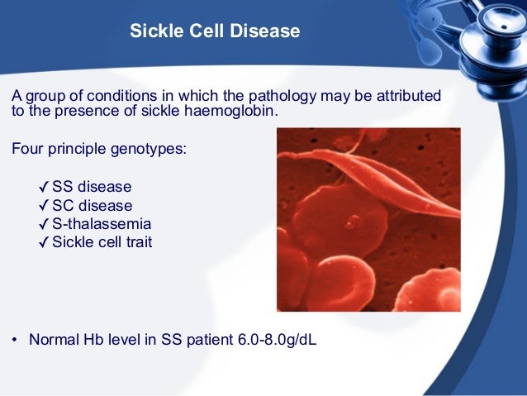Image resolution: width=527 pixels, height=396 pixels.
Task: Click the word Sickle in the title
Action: coord(157,31)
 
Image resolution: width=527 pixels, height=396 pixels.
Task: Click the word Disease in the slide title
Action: coord(265,31)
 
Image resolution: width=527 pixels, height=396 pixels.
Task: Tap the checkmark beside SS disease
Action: coord(44,187)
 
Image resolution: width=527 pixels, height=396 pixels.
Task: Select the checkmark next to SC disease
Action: coord(44,206)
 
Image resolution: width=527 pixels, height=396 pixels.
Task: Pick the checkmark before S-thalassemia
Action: coord(44,224)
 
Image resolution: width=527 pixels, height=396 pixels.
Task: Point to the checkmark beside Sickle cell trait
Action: coord(44,242)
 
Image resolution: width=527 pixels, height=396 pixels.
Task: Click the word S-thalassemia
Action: coord(102,224)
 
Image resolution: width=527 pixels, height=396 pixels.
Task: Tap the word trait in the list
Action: coord(139,242)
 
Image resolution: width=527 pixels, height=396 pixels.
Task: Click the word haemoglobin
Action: coord(231,111)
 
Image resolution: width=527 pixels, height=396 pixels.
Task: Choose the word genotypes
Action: coord(149,149)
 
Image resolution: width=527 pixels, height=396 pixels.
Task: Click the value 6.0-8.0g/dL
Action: coord(278,340)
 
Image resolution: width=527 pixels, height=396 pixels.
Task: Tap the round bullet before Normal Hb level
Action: coord(14,340)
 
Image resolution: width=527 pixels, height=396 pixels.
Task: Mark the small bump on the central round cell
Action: coord(353,222)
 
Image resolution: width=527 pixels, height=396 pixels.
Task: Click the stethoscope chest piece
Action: coord(494,50)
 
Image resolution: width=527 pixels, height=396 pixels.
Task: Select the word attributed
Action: coord(409,96)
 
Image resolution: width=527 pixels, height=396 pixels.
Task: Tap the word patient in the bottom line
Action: coord(210,340)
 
